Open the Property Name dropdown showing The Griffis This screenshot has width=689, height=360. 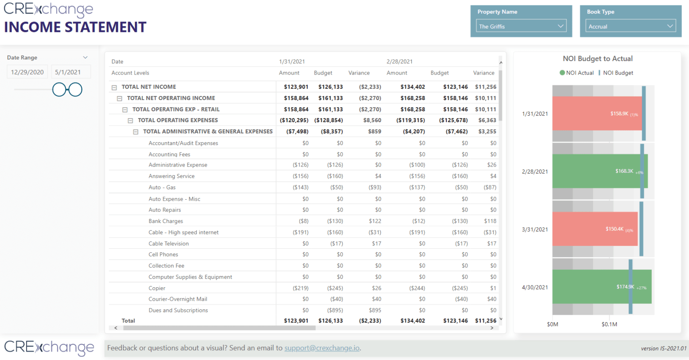pyautogui.click(x=521, y=26)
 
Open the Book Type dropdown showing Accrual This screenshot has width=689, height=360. pyautogui.click(x=630, y=26)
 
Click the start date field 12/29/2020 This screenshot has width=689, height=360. pyautogui.click(x=27, y=72)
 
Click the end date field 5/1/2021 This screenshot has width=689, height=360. pyautogui.click(x=68, y=72)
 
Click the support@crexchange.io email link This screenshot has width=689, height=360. pyautogui.click(x=322, y=348)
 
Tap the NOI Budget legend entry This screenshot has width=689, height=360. pyautogui.click(x=618, y=73)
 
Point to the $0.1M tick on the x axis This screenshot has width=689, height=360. pyautogui.click(x=609, y=324)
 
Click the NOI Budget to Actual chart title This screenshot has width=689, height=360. pyautogui.click(x=597, y=59)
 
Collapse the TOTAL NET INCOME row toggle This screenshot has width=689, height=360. pyautogui.click(x=114, y=88)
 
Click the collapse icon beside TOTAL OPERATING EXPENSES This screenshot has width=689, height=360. pyautogui.click(x=131, y=121)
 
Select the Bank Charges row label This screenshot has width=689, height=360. pyautogui.click(x=166, y=221)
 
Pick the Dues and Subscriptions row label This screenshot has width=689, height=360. pyautogui.click(x=178, y=310)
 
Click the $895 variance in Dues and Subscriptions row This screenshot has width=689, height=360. pyautogui.click(x=375, y=310)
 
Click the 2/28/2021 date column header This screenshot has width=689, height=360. pyautogui.click(x=399, y=61)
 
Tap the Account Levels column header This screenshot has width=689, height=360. pyautogui.click(x=130, y=73)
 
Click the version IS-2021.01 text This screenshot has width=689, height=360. pyautogui.click(x=663, y=348)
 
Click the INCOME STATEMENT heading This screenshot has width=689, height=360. pyautogui.click(x=75, y=27)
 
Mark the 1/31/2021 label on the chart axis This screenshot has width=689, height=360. pyautogui.click(x=535, y=114)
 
